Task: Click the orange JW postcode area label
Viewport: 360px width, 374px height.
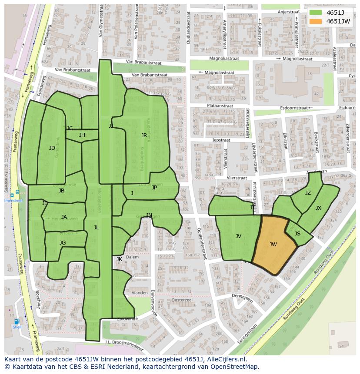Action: (x=273, y=245)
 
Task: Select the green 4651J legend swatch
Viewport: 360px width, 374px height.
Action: (x=316, y=13)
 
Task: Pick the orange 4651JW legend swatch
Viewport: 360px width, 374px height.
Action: (x=316, y=21)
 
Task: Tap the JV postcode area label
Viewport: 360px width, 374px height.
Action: (x=238, y=236)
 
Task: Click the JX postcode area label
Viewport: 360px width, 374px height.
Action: (x=318, y=208)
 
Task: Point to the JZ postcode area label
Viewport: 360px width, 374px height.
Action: (x=308, y=193)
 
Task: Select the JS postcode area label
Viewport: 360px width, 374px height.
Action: (x=297, y=234)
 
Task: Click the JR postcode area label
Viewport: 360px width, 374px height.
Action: (x=144, y=136)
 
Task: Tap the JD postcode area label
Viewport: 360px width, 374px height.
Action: (x=52, y=148)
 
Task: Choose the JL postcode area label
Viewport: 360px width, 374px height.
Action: (x=96, y=227)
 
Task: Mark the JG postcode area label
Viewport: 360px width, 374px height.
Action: (x=63, y=243)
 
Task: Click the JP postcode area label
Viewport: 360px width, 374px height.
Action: (x=154, y=188)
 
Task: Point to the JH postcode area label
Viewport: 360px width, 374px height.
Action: (x=82, y=135)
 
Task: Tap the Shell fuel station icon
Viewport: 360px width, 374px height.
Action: (x=17, y=322)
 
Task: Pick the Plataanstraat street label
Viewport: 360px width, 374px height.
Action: (x=220, y=106)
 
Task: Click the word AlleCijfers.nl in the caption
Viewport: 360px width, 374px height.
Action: (x=226, y=360)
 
